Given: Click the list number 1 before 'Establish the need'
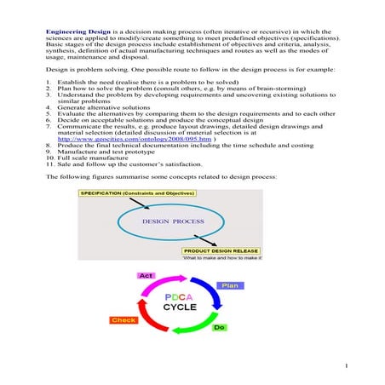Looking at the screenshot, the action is click(x=48, y=80).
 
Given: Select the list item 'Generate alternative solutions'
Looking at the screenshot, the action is click(x=101, y=112).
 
